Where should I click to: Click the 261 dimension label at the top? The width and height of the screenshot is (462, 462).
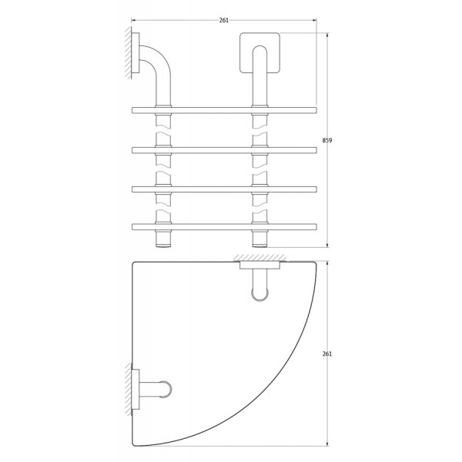224,20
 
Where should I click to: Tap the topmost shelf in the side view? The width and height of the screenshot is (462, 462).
224,109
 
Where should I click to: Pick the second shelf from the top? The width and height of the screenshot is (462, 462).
224,149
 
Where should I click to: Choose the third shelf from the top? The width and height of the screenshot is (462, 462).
224,188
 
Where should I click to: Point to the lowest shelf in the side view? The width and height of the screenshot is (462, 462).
224,226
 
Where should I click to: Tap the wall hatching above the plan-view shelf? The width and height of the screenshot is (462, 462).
263,256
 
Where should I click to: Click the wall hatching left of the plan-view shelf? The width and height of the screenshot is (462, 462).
126,390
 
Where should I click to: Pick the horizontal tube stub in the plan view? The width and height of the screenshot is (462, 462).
157,390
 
